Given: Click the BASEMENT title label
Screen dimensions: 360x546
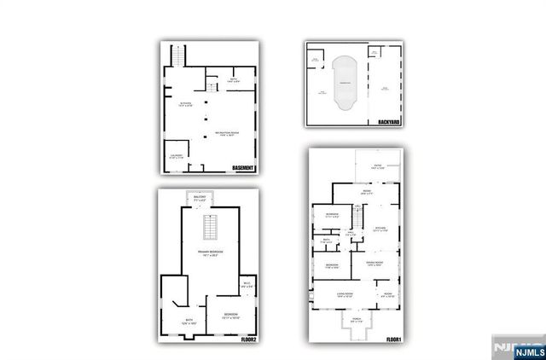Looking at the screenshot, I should (x=242, y=168).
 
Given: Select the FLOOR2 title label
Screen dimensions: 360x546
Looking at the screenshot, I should (x=250, y=340).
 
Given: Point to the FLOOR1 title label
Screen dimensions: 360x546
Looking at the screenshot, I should (x=393, y=340).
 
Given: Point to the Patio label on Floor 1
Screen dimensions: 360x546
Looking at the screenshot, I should (x=377, y=167).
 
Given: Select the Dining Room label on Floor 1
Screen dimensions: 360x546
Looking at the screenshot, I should (x=379, y=264).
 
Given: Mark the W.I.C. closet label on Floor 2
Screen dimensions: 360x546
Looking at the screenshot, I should (x=246, y=286).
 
